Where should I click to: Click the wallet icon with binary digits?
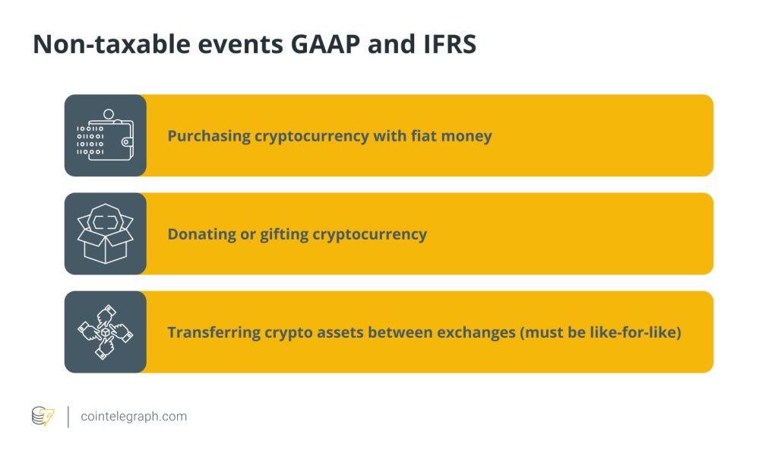click(105, 135)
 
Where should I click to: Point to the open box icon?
click(105, 233)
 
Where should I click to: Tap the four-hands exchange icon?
click(105, 332)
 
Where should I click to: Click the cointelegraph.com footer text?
click(134, 417)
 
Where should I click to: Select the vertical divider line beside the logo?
click(68, 417)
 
